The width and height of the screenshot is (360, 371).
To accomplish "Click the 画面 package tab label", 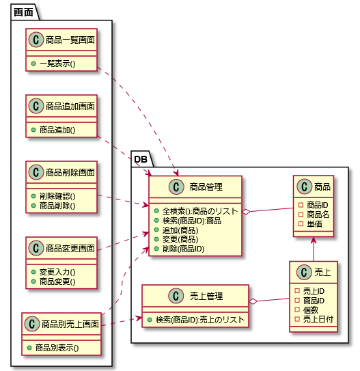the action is (23, 12).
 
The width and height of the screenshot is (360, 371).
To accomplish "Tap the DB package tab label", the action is (141, 159).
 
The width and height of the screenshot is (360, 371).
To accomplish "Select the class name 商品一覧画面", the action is (70, 40).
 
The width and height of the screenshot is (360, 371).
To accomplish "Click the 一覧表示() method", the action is (57, 64).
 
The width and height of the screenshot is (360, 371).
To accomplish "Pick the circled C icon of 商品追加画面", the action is (36, 106).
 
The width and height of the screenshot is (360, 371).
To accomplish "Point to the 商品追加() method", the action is (57, 130).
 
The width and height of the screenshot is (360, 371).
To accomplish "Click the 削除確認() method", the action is (57, 196).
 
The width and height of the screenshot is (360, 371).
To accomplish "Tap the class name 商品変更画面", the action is (70, 248).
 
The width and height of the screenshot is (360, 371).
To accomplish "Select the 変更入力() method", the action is (57, 272).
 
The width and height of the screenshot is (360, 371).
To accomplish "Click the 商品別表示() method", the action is (57, 348).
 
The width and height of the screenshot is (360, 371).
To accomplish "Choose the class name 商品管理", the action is (206, 187).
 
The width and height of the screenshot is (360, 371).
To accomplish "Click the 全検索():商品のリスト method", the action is (200, 211).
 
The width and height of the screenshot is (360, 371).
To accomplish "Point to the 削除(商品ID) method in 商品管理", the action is (183, 249).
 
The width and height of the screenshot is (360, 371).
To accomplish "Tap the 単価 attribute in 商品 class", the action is (314, 224).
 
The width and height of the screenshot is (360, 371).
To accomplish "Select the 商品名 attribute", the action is (318, 215).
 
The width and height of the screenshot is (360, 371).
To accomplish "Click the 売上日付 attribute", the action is (318, 319).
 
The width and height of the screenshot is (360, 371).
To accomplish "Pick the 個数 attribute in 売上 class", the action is (311, 310).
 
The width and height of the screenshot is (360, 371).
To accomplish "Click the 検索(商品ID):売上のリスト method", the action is (200, 320).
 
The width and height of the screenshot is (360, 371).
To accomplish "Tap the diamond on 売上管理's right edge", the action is (253, 301).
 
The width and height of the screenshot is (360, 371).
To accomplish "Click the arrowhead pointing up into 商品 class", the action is (314, 240).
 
